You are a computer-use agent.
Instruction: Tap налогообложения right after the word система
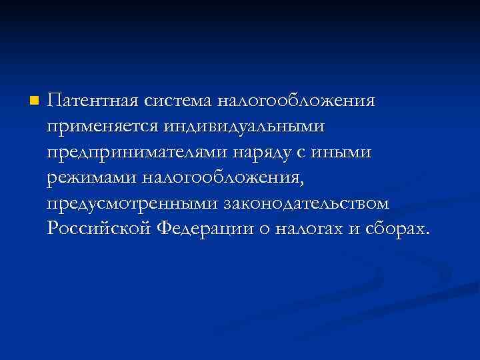coord(295,103)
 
